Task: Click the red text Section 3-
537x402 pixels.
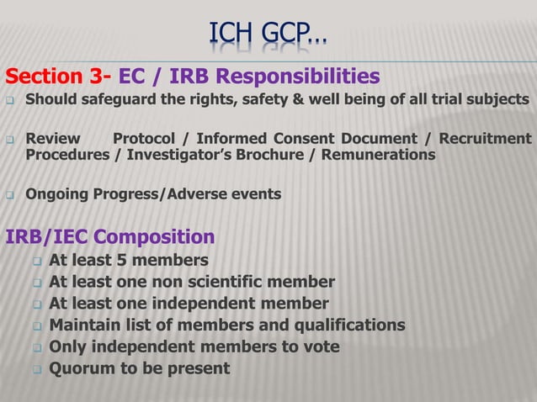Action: point(58,78)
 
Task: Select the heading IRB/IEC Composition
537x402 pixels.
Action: point(110,235)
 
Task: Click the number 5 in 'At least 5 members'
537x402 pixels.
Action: point(134,259)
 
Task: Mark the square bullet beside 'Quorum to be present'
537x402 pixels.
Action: point(37,369)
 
